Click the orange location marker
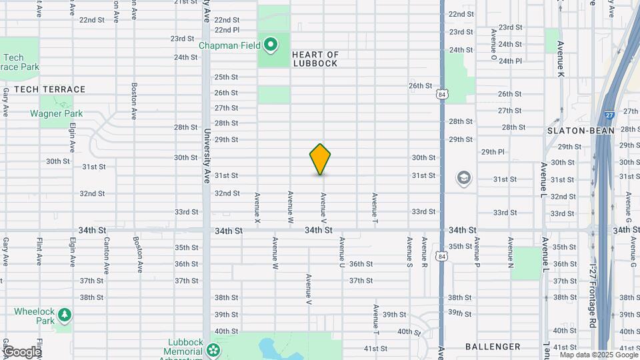(x=320, y=159)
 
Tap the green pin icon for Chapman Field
(x=270, y=45)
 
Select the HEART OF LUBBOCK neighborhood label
(x=315, y=59)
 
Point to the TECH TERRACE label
(x=49, y=89)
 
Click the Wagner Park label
(x=56, y=113)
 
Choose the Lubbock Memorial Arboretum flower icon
(x=213, y=349)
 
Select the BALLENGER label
(x=493, y=347)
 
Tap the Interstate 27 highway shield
(x=609, y=115)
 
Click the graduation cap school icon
(x=463, y=178)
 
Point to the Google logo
(x=21, y=352)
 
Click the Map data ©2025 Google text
(x=595, y=355)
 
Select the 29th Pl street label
(x=493, y=152)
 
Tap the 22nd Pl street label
(x=227, y=30)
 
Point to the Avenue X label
(x=257, y=207)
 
